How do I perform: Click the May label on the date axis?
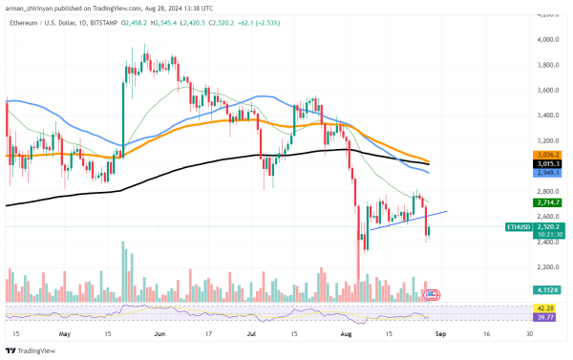(x=64, y=335)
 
